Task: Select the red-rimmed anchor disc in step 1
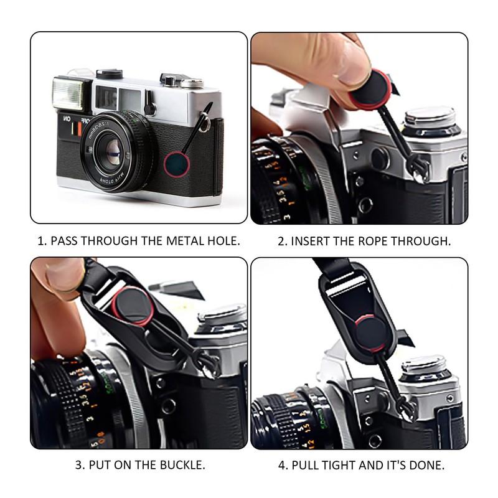(177, 164)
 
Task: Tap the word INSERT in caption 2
(311, 241)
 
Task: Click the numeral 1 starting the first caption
(41, 241)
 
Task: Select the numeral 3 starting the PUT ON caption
(78, 465)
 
